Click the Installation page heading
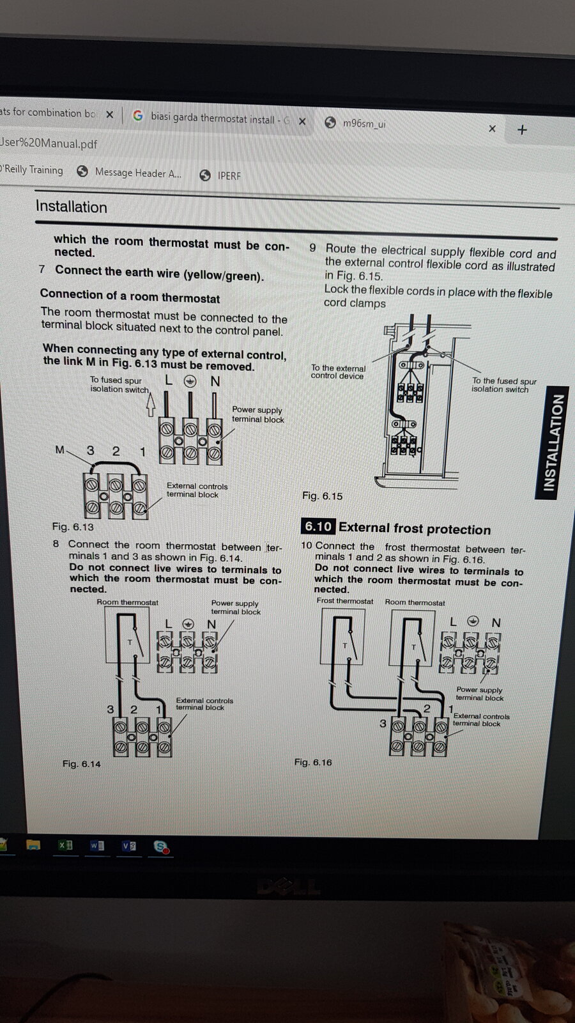point(72,207)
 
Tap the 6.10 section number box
point(318,527)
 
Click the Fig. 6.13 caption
point(73,527)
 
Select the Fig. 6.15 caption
point(322,496)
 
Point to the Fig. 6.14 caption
point(81,763)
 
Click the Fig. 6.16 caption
point(313,762)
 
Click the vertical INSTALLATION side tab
point(553,442)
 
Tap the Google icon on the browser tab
point(138,116)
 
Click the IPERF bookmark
point(228,175)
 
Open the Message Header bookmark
point(137,173)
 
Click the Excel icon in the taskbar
point(65,845)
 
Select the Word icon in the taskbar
point(96,846)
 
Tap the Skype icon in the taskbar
point(161,847)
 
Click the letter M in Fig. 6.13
point(59,450)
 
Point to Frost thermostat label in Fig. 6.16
point(345,601)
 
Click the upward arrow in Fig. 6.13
point(151,404)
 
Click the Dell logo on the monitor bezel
point(287,886)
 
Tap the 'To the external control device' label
point(338,372)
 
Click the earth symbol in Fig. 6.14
point(188,624)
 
